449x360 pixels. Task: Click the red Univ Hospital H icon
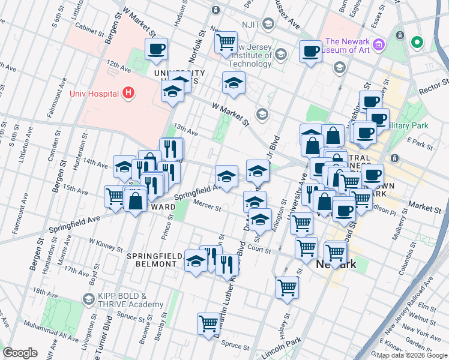pos(127,92)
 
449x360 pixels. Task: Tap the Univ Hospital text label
pos(95,93)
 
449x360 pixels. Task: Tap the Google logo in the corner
pos(20,353)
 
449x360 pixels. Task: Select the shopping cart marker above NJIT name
pos(226,42)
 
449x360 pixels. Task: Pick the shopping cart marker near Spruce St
pos(208,323)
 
